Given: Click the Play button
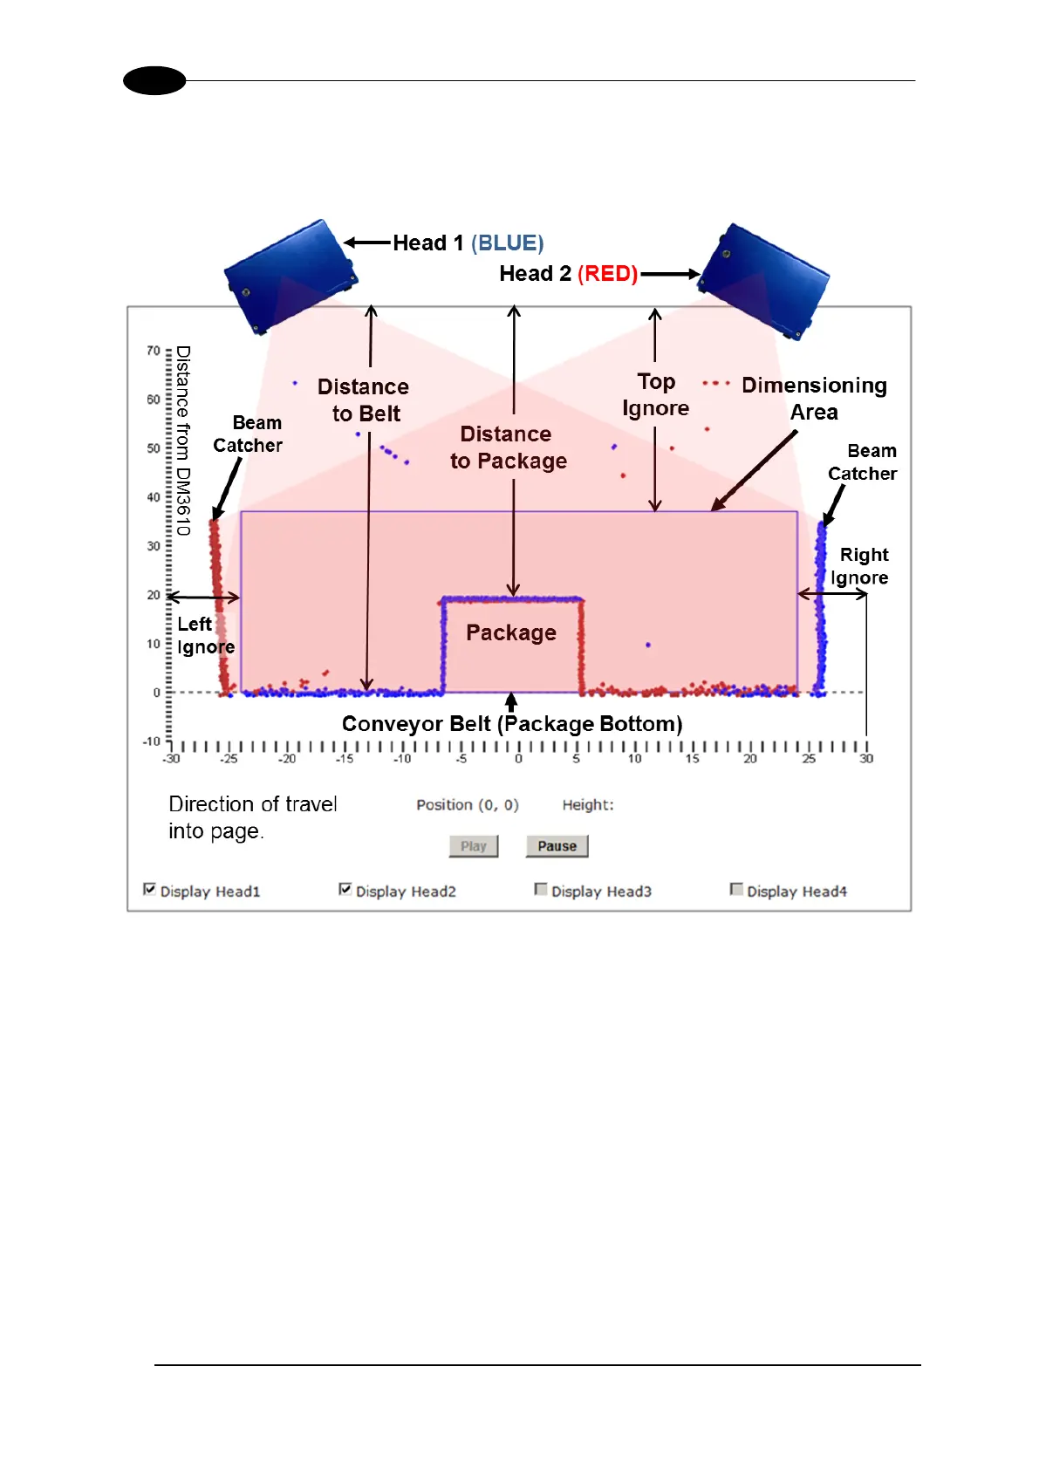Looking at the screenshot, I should (x=474, y=846).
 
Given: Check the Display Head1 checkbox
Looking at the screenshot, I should (x=150, y=890).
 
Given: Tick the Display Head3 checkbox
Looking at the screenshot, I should (x=541, y=890).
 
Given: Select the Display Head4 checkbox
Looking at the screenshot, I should (x=736, y=890).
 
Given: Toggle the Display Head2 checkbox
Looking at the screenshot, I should (x=345, y=890).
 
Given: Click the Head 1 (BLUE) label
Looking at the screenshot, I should (x=468, y=243).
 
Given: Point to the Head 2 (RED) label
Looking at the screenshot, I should (x=568, y=274).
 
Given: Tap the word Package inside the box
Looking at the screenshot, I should (x=511, y=632).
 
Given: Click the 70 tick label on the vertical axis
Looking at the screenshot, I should (x=154, y=351).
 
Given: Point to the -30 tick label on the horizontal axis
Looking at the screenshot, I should (x=171, y=759).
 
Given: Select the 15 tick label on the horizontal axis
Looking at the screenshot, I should (x=692, y=759).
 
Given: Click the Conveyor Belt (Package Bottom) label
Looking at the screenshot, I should (x=512, y=724).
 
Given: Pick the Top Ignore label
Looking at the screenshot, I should (x=656, y=395).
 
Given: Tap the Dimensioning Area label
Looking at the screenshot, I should (x=814, y=399).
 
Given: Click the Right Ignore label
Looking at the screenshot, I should (x=861, y=566).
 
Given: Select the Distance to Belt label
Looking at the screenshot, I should (x=364, y=400).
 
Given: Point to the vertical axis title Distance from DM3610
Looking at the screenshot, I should (x=182, y=441).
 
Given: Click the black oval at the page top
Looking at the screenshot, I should (x=154, y=81).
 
